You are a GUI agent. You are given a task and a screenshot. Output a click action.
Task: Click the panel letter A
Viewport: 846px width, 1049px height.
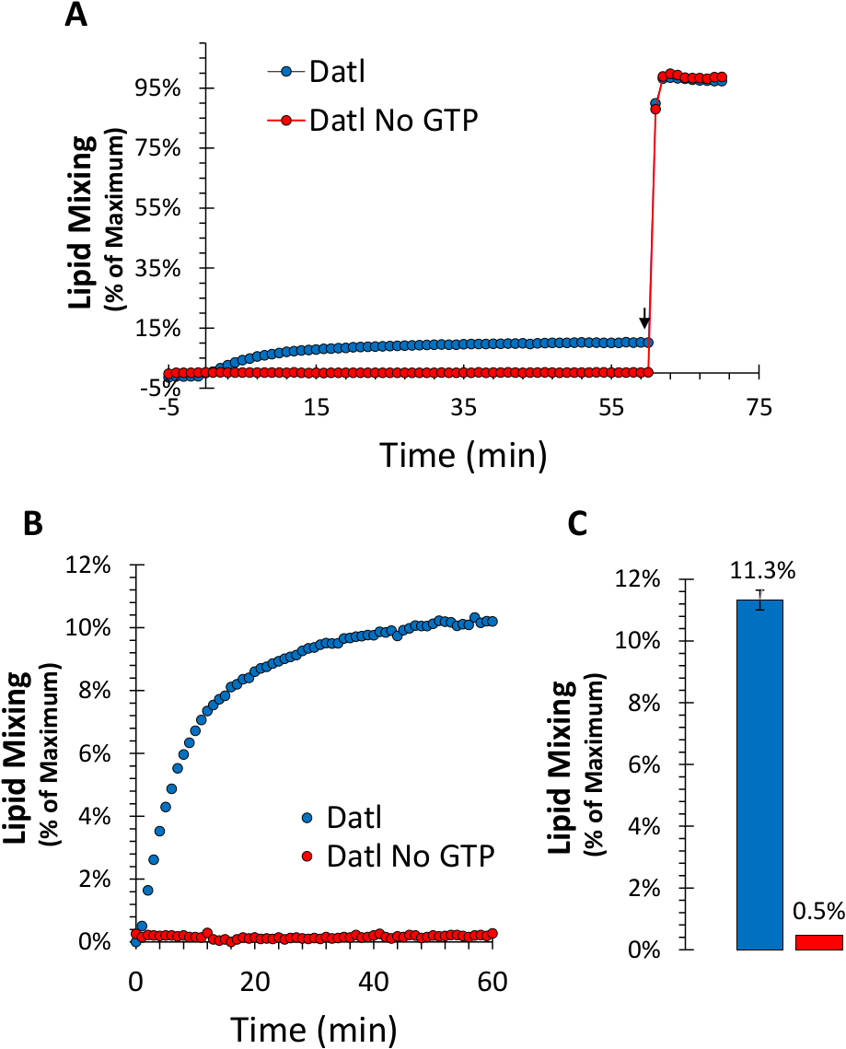76,17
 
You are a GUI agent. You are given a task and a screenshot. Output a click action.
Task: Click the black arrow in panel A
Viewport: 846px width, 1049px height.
644,319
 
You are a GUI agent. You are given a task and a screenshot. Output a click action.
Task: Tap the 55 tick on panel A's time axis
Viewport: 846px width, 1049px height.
613,408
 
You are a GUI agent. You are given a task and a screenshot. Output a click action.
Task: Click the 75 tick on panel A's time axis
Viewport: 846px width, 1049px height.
759,408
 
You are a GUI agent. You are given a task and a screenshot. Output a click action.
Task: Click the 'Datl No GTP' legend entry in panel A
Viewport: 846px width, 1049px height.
394,120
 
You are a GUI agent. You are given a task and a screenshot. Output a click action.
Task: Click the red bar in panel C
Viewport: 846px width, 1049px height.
819,941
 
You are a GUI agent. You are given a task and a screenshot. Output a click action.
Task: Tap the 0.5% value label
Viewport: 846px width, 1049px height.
819,912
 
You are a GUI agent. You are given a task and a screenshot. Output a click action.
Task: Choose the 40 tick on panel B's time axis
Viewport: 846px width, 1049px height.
373,975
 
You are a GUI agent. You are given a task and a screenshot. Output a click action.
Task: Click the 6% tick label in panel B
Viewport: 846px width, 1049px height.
92,753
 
